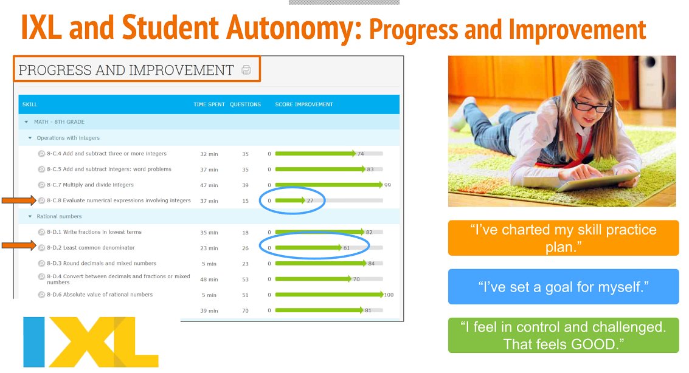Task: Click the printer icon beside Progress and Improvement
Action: (246, 70)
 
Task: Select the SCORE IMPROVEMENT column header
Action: (304, 104)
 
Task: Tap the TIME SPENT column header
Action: (209, 104)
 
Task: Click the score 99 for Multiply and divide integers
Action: (387, 185)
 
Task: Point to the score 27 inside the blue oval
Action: (310, 200)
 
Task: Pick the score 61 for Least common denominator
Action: (347, 248)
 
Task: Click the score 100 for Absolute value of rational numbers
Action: (389, 295)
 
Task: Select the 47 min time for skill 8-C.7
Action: (209, 185)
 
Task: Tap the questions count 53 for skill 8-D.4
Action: (245, 279)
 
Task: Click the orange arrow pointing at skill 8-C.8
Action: (18, 200)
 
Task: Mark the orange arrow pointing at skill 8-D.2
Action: (18, 246)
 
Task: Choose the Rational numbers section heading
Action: (59, 216)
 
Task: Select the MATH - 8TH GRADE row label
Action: (59, 122)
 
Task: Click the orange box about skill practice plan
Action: (563, 238)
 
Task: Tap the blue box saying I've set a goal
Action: (563, 286)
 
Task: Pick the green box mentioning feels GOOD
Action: (563, 335)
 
